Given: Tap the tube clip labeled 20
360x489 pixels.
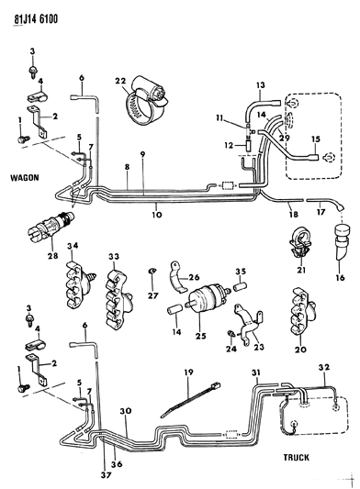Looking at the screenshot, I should (x=298, y=314).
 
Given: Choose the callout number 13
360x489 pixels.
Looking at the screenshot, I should (x=260, y=85).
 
